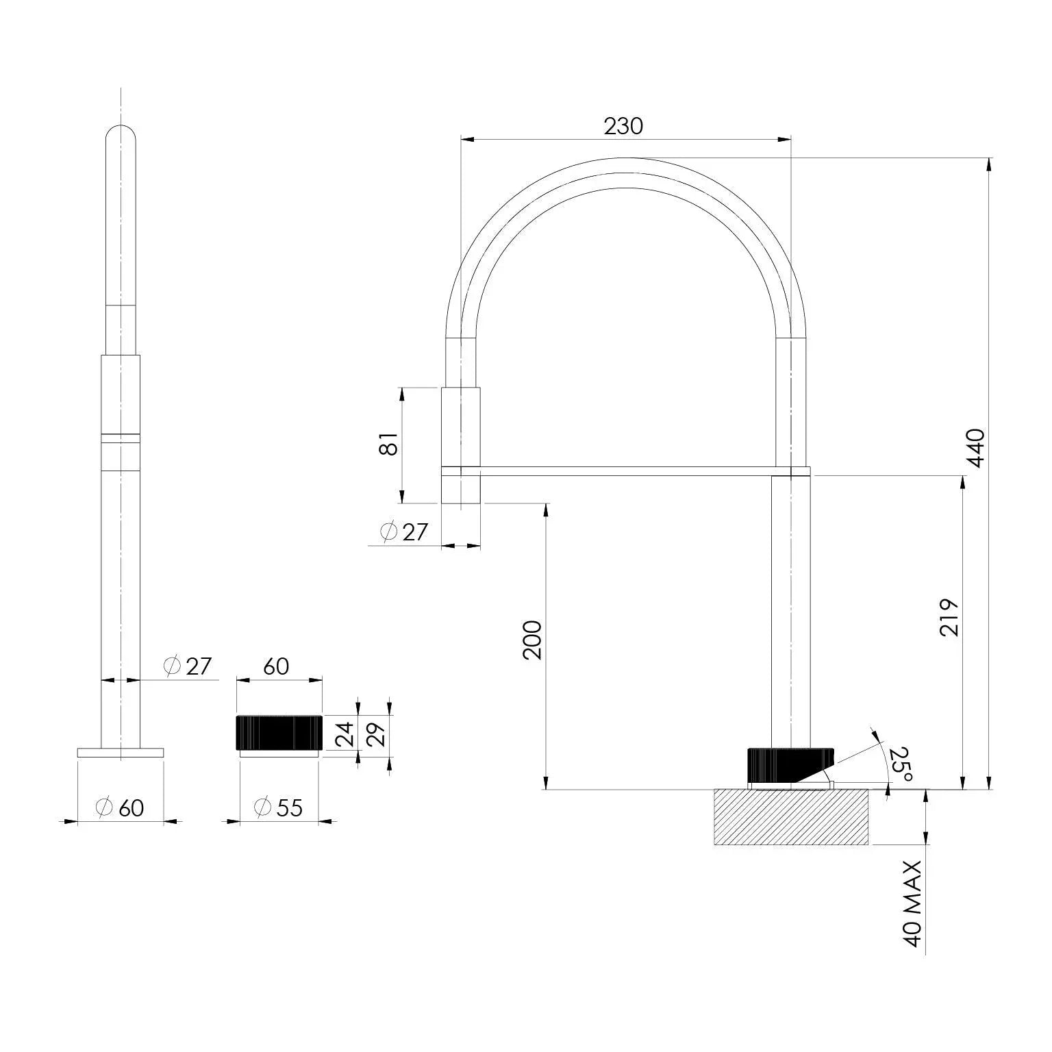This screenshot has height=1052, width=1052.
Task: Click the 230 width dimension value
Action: [623, 126]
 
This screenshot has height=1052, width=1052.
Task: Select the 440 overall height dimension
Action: [975, 448]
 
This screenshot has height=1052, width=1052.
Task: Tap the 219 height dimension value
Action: [949, 617]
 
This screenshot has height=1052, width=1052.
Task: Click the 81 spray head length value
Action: [388, 444]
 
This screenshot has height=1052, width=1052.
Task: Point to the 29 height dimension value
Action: [377, 734]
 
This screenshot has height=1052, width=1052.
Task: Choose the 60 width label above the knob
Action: [276, 666]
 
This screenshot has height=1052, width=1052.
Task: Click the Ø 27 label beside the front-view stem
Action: [188, 666]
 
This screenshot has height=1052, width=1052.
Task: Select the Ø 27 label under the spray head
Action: [403, 531]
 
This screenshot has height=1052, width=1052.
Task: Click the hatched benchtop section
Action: [791, 817]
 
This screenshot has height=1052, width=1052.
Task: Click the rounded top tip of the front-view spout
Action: [121, 134]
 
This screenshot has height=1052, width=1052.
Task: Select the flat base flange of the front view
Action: [121, 753]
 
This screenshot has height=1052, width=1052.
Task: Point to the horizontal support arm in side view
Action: [626, 471]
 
